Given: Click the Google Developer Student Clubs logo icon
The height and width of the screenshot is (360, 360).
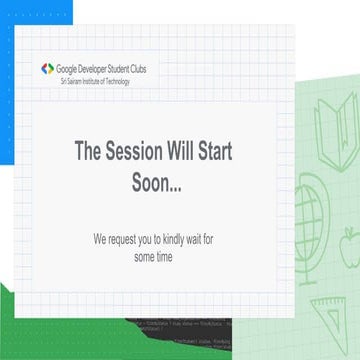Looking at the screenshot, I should coord(47,69).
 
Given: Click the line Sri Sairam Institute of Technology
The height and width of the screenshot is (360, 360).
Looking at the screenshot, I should coord(95,80).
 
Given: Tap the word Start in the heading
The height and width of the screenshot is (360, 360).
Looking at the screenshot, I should coord(253,152).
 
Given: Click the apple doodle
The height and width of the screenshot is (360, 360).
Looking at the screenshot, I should coord(348,243).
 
